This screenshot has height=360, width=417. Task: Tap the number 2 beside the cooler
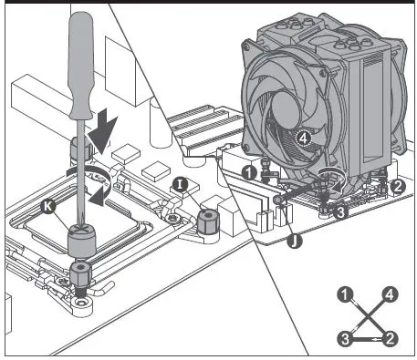point(397,186)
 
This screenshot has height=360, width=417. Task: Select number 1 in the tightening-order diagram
point(345,294)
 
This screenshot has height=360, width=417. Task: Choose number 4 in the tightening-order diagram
point(391,294)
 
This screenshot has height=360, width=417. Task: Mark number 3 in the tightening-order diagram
point(345,339)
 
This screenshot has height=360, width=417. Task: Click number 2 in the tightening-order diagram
point(391,339)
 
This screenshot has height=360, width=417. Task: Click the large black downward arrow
point(103,124)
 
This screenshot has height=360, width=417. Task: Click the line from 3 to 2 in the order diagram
point(368,340)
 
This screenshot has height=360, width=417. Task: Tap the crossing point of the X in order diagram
point(368,316)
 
